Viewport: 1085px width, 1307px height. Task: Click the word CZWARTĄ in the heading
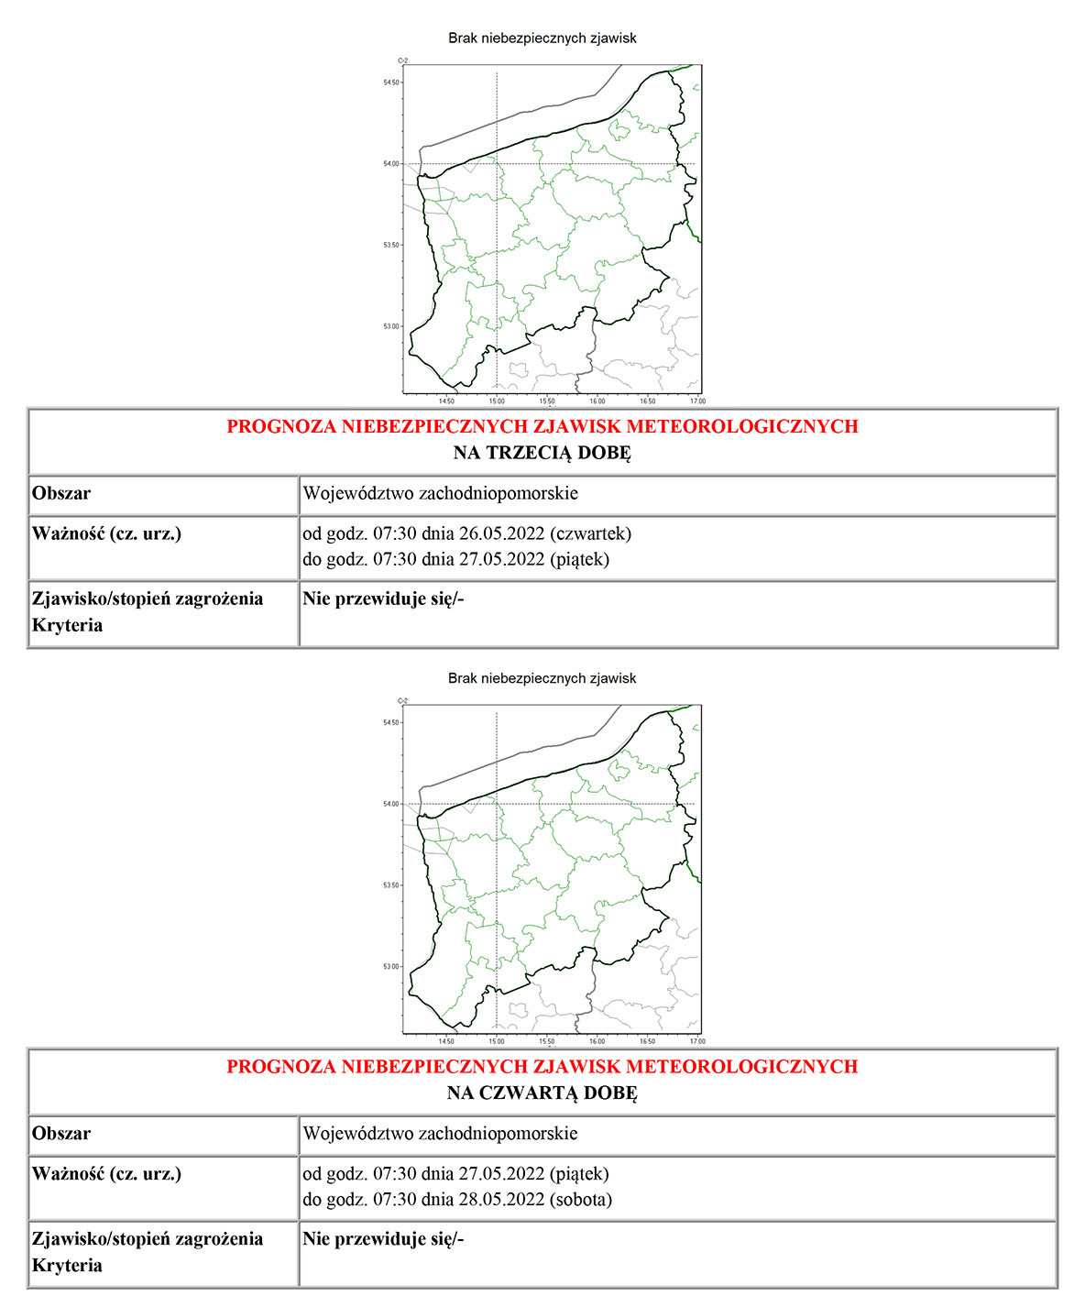(x=530, y=1093)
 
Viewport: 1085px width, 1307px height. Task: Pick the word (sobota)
(x=582, y=1200)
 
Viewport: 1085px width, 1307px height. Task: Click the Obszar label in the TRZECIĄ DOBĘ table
(x=61, y=494)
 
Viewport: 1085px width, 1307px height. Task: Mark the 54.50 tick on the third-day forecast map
(x=392, y=82)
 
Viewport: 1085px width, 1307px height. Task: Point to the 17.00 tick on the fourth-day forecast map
(x=697, y=1041)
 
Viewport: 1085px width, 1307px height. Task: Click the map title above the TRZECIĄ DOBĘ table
(x=542, y=38)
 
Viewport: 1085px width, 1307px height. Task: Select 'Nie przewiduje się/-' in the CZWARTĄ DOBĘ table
(x=383, y=1240)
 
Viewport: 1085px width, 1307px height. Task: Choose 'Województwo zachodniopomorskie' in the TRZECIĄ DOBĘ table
(x=440, y=494)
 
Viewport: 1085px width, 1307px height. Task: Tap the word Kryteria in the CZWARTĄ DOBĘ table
(x=67, y=1266)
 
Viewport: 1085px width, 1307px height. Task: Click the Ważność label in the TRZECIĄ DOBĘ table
(x=68, y=533)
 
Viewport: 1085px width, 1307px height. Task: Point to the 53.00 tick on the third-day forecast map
(x=392, y=326)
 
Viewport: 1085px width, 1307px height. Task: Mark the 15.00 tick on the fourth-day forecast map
(x=496, y=1041)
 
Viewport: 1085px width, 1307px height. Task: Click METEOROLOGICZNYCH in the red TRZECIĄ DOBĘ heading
(x=742, y=426)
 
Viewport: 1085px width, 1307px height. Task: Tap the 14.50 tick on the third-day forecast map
(x=446, y=401)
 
